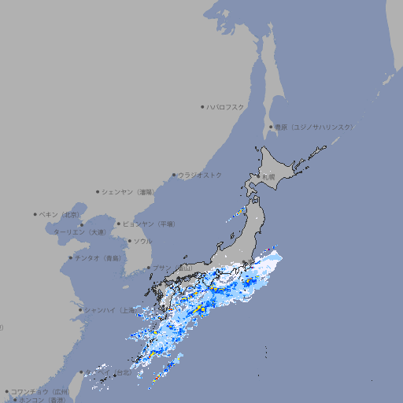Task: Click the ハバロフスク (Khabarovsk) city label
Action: tap(226, 106)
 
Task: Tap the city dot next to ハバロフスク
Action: tap(202, 106)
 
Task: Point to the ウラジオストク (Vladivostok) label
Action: tap(200, 175)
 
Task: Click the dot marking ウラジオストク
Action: tap(174, 175)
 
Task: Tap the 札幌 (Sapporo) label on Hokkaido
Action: tap(268, 177)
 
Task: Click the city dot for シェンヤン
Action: tap(98, 191)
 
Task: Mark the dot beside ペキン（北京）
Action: tap(35, 214)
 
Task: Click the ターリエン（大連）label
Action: tap(79, 232)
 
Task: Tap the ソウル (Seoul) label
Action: tap(142, 241)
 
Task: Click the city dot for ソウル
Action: tap(129, 241)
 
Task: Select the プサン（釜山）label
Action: tap(173, 268)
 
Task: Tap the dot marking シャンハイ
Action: tap(80, 309)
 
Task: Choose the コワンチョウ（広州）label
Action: tap(39, 391)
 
